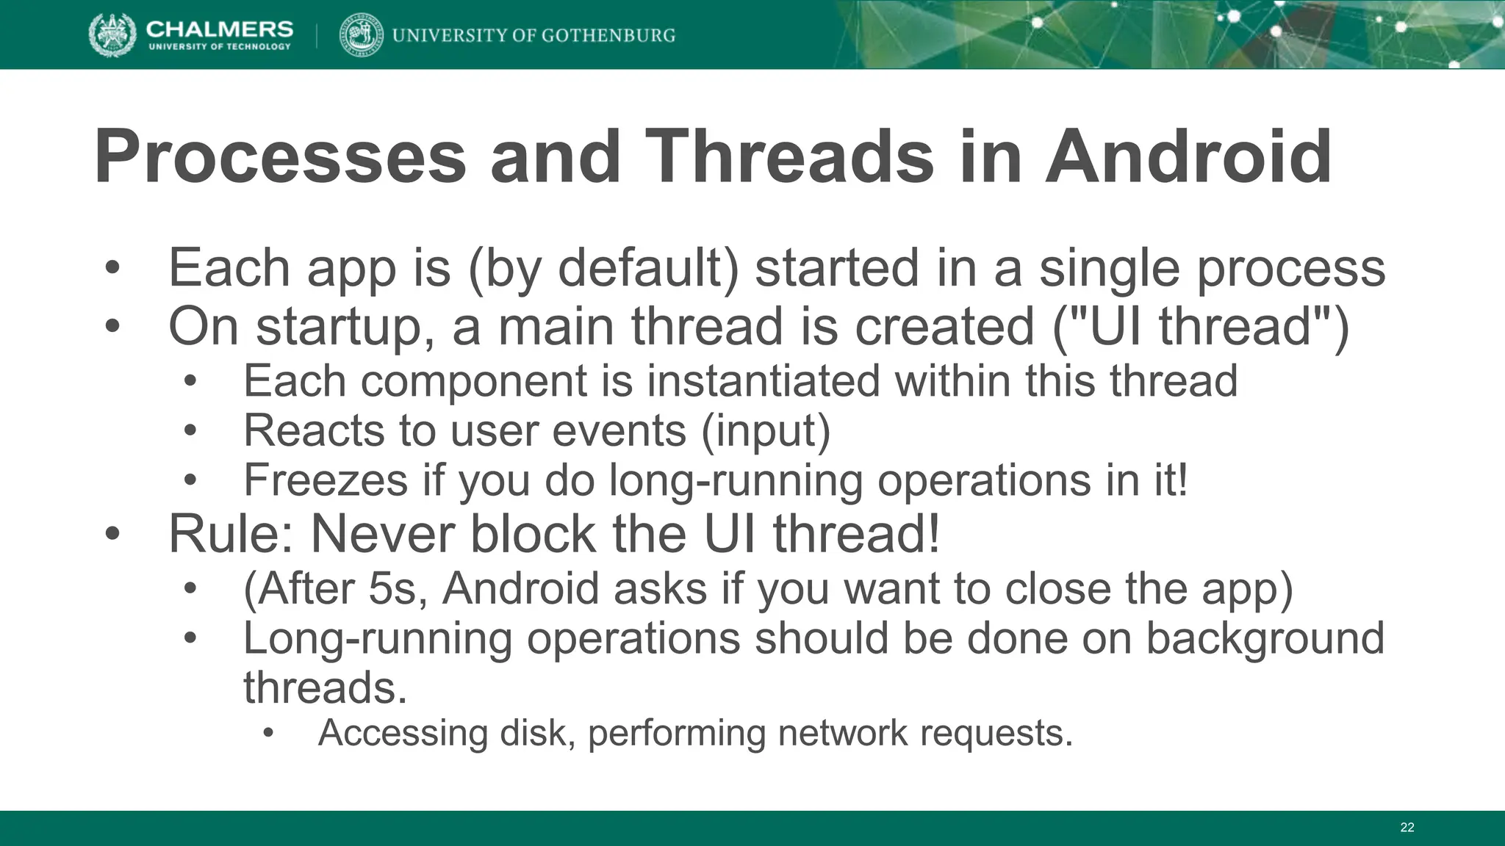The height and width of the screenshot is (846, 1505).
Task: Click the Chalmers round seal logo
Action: point(112,35)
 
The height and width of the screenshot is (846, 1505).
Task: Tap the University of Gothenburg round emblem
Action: point(361,35)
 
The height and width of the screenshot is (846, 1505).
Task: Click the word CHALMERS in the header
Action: point(220,29)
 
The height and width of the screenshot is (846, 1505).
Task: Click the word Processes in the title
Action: point(280,157)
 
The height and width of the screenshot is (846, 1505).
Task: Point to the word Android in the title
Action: point(1188,157)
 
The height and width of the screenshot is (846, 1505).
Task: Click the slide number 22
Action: point(1407,828)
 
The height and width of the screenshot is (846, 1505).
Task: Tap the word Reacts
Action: point(314,430)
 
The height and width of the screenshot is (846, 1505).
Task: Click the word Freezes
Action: point(326,480)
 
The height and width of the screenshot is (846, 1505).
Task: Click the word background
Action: point(1265,638)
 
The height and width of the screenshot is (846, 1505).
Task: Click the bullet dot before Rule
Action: point(112,534)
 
